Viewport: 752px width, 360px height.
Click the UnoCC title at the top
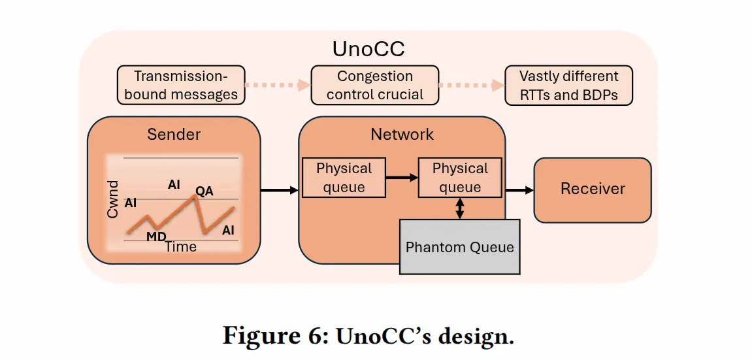pos(368,49)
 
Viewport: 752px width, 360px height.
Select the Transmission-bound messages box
pos(181,85)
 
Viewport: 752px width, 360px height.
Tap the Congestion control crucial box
pos(374,85)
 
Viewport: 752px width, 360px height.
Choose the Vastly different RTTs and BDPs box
pos(569,85)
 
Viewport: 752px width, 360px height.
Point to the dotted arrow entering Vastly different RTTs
pos(472,86)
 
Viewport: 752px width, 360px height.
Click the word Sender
pos(174,134)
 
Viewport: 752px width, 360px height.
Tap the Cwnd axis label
pos(112,199)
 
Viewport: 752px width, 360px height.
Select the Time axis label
pos(181,246)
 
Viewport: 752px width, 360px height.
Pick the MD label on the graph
pos(156,237)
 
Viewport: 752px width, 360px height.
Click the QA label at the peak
pos(204,191)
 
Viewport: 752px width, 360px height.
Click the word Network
pos(402,134)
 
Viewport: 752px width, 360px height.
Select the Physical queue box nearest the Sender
pos(344,177)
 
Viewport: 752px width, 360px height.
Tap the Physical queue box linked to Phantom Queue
pos(460,177)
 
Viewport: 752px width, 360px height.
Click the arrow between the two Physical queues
pos(402,177)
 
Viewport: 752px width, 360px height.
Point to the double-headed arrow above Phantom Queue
pos(460,208)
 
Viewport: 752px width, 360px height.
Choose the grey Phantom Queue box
pos(459,247)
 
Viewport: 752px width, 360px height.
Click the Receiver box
pos(593,190)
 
